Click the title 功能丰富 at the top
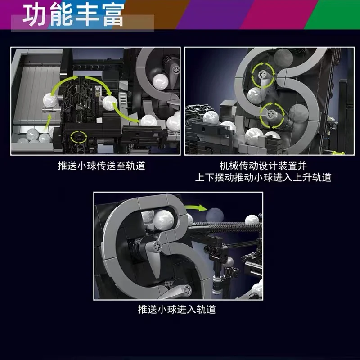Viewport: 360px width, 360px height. [73, 15]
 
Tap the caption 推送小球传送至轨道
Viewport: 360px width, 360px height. [102, 166]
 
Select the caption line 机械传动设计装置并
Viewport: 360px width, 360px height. [263, 166]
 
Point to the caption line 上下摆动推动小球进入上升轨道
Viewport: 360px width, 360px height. [263, 177]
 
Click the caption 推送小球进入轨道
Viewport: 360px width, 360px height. [177, 309]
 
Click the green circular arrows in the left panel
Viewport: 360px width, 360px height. [79, 137]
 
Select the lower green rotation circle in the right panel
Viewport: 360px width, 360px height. [272, 115]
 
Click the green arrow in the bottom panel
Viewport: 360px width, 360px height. [196, 208]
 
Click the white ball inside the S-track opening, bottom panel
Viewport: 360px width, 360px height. [163, 220]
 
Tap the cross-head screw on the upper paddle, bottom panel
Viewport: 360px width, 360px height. [157, 246]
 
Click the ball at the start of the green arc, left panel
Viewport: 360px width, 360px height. [50, 100]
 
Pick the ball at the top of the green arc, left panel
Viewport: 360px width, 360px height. [110, 103]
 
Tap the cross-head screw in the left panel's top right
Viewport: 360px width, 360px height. [176, 70]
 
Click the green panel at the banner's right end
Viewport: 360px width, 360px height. [333, 14]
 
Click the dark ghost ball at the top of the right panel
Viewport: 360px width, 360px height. [283, 58]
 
